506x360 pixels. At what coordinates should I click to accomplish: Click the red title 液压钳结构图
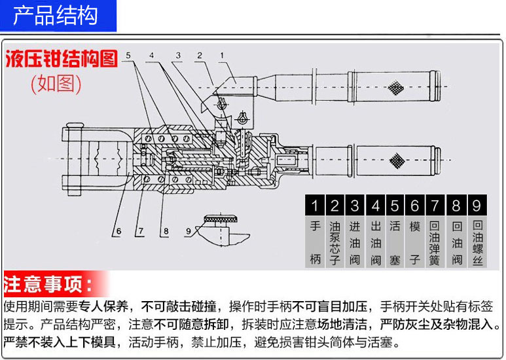point(62,60)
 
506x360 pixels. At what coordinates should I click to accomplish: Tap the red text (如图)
point(56,84)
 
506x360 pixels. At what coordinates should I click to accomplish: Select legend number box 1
point(316,206)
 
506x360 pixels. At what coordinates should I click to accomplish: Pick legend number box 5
point(394,206)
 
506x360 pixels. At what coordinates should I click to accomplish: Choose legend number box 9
point(477,206)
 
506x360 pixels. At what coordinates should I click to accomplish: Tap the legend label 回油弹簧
point(435,242)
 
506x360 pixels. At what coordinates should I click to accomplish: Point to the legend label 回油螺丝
point(477,242)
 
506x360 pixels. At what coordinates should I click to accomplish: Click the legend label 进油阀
point(355,242)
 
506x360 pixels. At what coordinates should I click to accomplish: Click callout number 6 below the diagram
point(118,230)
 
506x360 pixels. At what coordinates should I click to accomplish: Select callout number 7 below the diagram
point(139,230)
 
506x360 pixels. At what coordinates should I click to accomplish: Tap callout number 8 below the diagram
point(166,230)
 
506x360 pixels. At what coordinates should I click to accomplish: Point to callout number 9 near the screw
point(189,230)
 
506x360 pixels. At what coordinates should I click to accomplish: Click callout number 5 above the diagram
point(129,55)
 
